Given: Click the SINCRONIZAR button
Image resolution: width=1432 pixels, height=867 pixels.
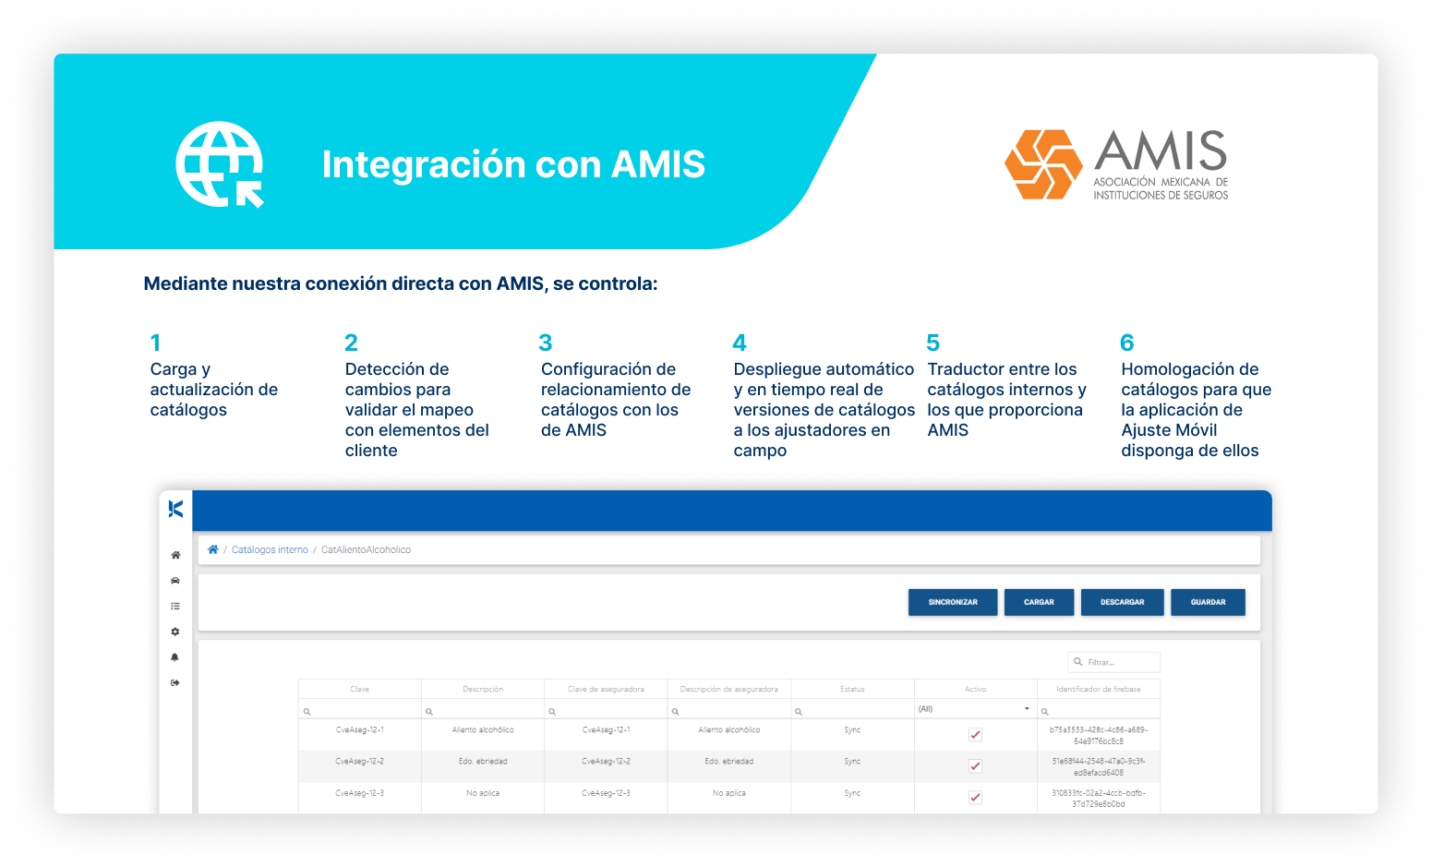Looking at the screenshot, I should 952,602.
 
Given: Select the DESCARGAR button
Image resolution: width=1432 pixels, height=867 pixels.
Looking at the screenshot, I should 1122,602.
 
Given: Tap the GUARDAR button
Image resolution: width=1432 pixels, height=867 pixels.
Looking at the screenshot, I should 1208,602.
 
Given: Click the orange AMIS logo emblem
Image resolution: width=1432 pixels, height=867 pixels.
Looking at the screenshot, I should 1043,164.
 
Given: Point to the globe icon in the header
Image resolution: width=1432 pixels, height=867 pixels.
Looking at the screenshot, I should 220,164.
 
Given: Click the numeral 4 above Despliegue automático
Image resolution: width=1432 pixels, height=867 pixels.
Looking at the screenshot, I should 740,343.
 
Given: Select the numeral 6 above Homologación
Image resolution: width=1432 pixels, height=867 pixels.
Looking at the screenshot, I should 1127,343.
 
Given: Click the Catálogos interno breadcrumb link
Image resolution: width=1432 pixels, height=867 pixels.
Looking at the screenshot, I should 270,549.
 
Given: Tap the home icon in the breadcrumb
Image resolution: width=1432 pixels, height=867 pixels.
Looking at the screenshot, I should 213,549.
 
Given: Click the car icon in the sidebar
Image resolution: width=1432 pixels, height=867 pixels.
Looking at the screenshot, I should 175,581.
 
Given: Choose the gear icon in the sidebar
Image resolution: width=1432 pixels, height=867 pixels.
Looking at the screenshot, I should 175,632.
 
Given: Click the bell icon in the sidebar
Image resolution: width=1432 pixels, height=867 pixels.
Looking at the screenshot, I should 175,657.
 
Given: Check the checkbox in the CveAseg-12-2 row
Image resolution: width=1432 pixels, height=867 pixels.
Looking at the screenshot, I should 975,766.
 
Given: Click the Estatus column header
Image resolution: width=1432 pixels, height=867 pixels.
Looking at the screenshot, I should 852,689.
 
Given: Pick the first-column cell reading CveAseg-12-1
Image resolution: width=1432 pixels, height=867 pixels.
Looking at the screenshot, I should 359,729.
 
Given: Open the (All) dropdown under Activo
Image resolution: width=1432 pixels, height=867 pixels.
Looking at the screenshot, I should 975,709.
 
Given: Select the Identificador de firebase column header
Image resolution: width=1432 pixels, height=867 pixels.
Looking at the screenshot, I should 1098,689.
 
